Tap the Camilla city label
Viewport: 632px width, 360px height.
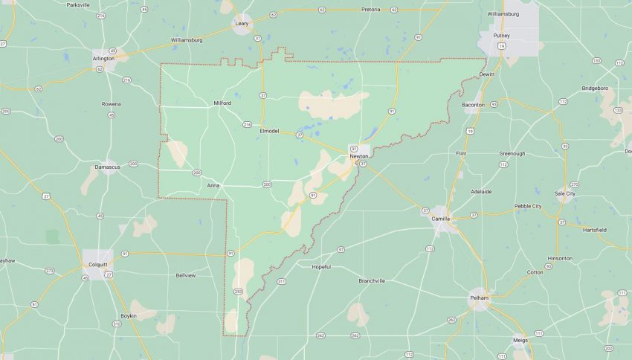(441, 219)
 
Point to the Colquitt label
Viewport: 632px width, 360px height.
(98, 264)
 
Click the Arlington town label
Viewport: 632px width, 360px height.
(103, 58)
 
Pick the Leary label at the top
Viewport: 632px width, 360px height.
(242, 24)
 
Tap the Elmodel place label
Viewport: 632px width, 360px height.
(269, 131)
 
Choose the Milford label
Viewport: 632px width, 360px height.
(222, 103)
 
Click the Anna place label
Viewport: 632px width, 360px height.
(213, 185)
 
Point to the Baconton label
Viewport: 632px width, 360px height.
(473, 105)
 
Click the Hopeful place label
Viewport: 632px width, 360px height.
(321, 266)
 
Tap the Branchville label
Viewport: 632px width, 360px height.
(372, 280)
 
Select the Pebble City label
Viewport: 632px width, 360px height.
(528, 206)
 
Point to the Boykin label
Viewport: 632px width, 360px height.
(129, 316)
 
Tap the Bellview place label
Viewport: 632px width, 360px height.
(185, 275)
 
